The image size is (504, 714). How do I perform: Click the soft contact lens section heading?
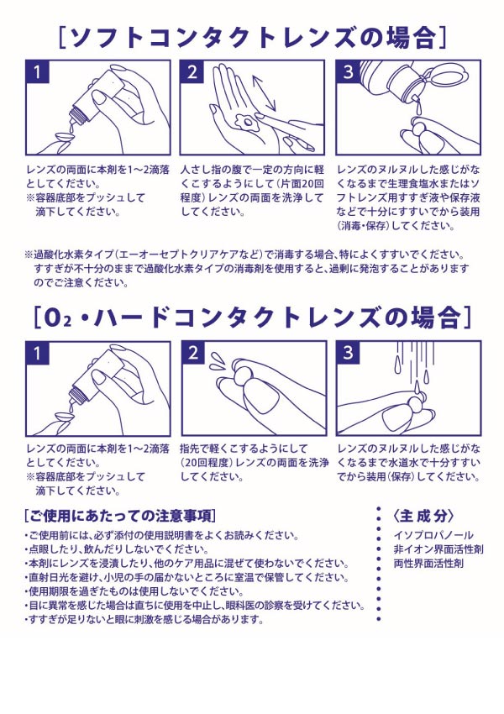(x=252, y=37)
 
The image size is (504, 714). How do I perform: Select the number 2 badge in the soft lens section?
(x=192, y=72)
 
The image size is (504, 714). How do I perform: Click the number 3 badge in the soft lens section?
(x=349, y=72)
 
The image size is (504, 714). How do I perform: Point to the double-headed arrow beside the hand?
(x=265, y=92)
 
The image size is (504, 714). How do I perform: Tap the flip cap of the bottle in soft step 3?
(x=445, y=76)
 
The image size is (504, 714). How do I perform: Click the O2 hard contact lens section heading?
(x=252, y=318)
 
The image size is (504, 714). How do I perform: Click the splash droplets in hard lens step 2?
(x=218, y=360)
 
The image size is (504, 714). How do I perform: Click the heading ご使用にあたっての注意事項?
(x=120, y=516)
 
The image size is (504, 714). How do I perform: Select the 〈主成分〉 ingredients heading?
(x=423, y=516)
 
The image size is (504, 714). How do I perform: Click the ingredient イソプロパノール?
(x=433, y=535)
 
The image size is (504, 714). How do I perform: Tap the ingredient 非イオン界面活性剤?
(x=438, y=549)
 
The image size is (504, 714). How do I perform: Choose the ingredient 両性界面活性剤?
(x=428, y=564)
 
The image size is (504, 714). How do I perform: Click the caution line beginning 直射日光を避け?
(x=186, y=577)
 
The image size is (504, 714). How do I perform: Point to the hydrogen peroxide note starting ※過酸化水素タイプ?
(x=246, y=268)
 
